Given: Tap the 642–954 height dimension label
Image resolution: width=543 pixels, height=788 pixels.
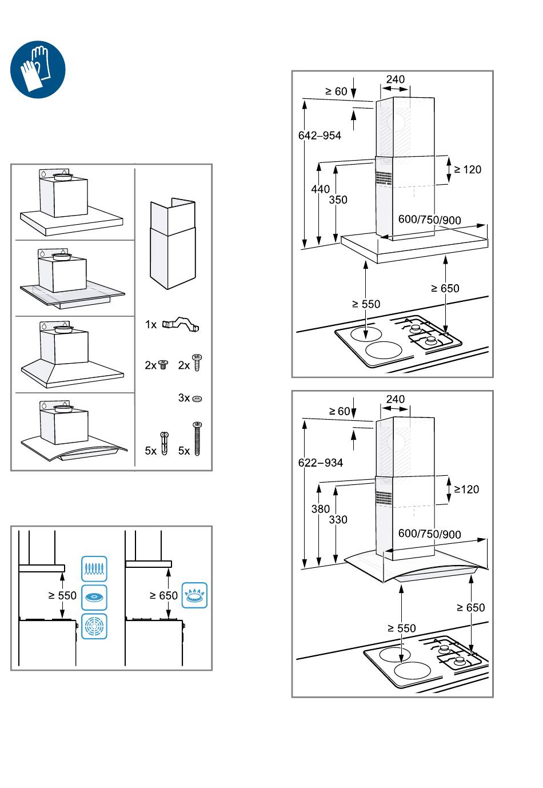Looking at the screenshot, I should pyautogui.click(x=320, y=136).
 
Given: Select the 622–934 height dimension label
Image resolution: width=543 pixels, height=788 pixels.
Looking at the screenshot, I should pyautogui.click(x=321, y=463).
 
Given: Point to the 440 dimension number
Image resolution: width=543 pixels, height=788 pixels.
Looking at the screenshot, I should pyautogui.click(x=321, y=189).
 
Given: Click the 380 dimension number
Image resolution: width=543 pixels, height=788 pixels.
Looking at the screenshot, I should pyautogui.click(x=321, y=509).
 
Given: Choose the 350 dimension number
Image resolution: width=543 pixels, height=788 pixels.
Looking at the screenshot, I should pyautogui.click(x=338, y=200).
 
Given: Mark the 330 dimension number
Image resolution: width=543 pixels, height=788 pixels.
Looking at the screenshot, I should pyautogui.click(x=338, y=519).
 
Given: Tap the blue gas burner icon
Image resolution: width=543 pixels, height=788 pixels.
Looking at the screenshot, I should pyautogui.click(x=195, y=595).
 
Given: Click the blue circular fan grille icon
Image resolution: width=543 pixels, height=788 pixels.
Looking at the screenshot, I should pyautogui.click(x=94, y=626).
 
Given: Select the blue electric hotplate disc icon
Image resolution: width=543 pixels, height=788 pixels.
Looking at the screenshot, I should pyautogui.click(x=94, y=598).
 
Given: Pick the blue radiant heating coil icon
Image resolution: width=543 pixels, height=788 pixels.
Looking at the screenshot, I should pyautogui.click(x=94, y=568).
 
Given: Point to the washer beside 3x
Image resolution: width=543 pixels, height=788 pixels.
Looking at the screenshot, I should pyautogui.click(x=198, y=398).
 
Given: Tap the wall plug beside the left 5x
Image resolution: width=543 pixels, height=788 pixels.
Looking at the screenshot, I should pyautogui.click(x=165, y=444).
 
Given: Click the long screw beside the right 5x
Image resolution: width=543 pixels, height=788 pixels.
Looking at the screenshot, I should pyautogui.click(x=198, y=439).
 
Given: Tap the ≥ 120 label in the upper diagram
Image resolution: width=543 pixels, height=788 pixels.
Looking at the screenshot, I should pyautogui.click(x=468, y=169).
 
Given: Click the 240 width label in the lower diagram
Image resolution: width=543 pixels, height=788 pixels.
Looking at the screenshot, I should pyautogui.click(x=395, y=399).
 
